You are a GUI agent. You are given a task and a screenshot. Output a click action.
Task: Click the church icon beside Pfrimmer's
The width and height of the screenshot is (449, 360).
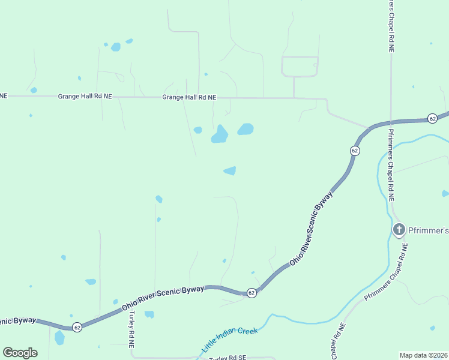[399, 230]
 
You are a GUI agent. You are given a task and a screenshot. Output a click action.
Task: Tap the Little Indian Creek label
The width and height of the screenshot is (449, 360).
[230, 340]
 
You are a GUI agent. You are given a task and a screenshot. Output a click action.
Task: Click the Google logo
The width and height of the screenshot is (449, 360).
[20, 352]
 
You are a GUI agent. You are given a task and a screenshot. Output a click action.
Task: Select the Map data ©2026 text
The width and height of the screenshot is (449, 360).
[423, 355]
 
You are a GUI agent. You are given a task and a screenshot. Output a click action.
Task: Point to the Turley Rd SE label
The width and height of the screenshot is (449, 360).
[228, 358]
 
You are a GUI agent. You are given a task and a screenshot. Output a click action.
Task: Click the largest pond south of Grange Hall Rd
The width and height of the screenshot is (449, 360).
[220, 134]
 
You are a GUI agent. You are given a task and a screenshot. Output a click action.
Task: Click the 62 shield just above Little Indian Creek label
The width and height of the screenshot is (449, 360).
[252, 293]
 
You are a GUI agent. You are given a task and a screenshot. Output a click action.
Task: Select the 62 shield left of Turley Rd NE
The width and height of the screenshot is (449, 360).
[77, 327]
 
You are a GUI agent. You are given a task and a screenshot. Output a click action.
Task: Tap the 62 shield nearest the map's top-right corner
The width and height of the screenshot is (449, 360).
[432, 118]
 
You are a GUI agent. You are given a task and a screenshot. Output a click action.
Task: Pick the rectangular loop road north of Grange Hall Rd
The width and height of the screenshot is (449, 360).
[300, 67]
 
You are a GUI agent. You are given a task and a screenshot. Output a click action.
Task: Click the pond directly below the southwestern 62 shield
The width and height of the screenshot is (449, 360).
[59, 338]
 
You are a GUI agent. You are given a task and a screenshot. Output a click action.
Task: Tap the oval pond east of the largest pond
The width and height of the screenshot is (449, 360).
[246, 129]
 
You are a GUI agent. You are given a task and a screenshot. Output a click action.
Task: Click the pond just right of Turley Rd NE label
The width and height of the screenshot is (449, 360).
[149, 314]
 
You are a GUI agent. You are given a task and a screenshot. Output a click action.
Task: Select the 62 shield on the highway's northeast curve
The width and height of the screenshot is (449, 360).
[355, 151]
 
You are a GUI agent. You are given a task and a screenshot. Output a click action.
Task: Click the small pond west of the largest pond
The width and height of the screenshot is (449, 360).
[197, 130]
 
